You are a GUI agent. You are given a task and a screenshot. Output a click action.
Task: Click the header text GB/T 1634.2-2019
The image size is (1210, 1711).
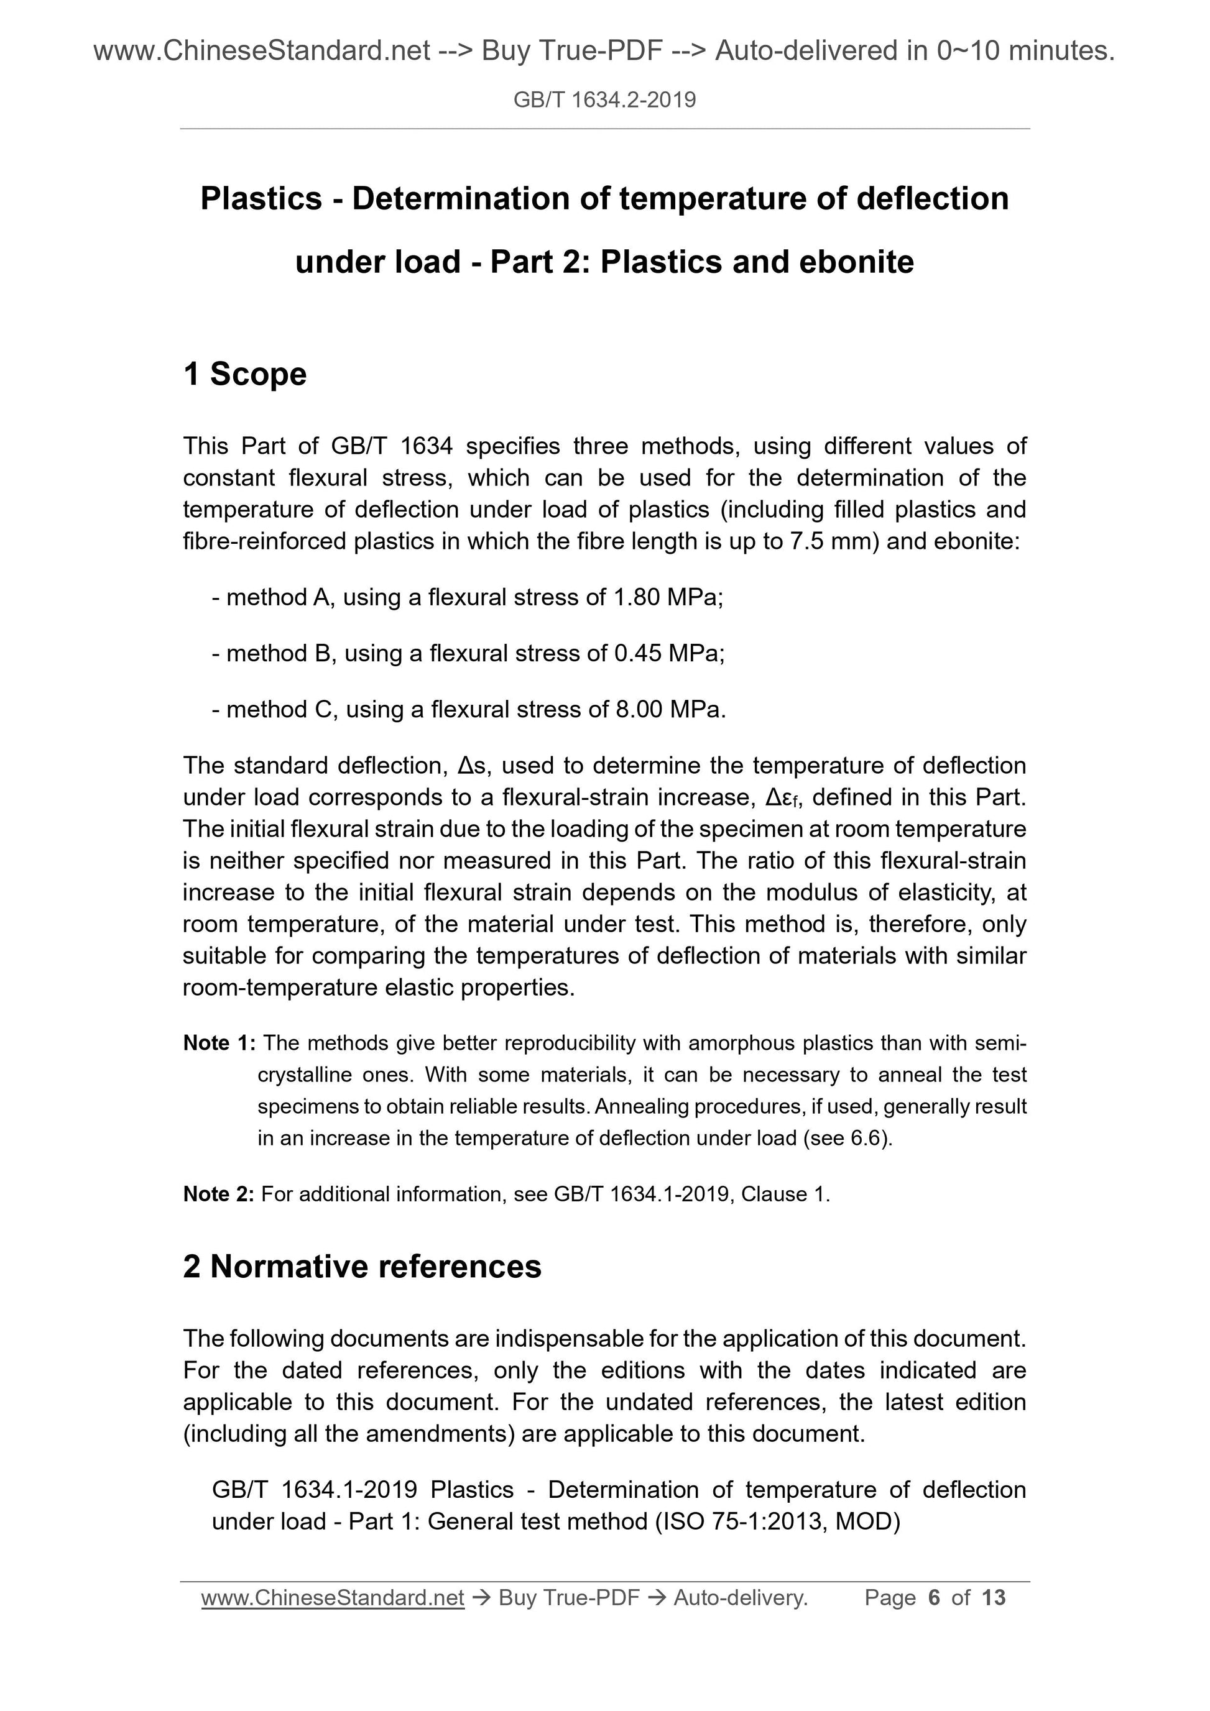point(604,100)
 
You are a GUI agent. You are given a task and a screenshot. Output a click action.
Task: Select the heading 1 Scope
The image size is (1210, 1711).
point(244,374)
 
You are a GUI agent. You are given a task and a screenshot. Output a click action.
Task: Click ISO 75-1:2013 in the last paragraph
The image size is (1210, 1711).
point(750,1520)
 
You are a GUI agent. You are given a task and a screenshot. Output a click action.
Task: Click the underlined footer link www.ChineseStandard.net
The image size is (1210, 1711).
point(333,1597)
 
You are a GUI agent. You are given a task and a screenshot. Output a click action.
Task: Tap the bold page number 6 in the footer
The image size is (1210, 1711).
point(933,1597)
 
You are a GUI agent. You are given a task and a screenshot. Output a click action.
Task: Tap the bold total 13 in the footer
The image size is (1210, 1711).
point(993,1597)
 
